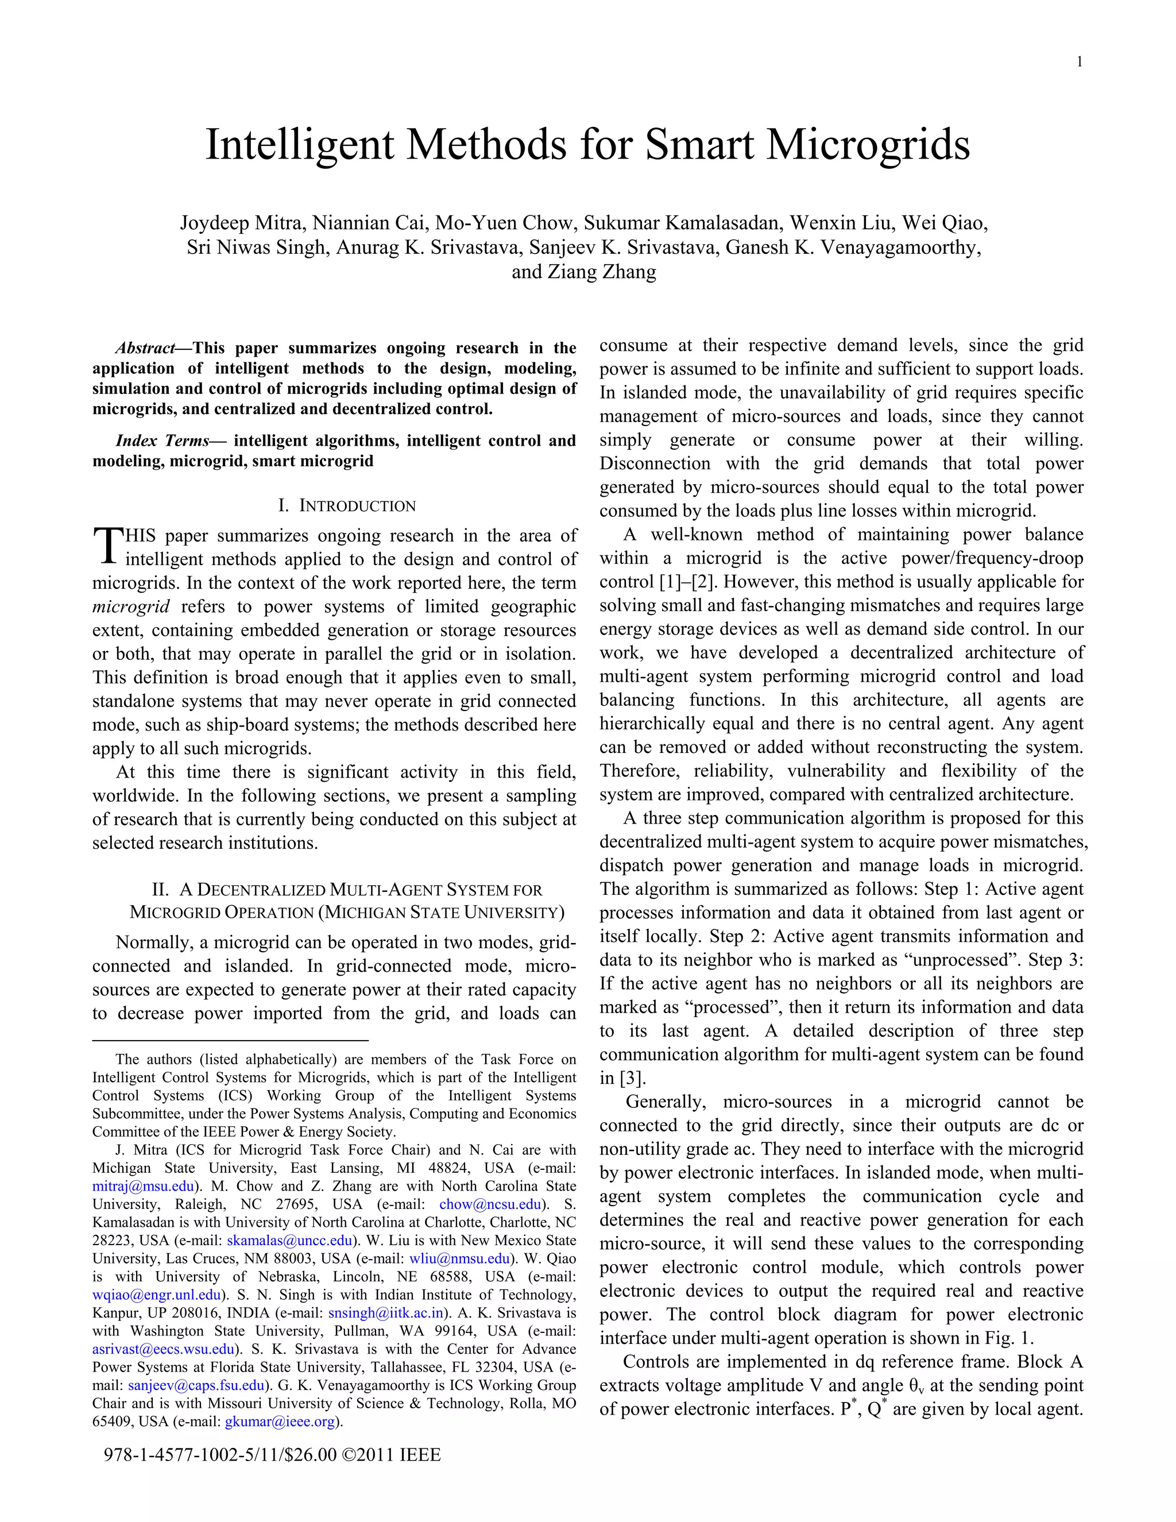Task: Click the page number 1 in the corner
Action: (1079, 63)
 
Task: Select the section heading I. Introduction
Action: (347, 506)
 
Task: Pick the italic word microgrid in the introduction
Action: (131, 607)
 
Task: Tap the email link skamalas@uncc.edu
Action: (289, 1240)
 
